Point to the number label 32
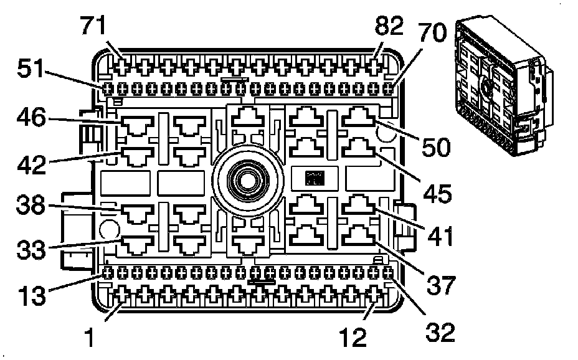click(439, 330)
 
